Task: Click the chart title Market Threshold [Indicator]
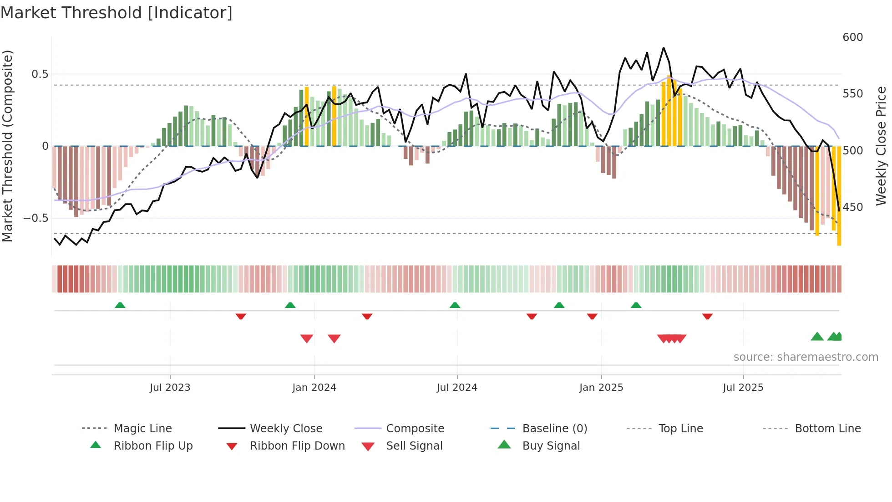point(117,13)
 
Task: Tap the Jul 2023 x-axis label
point(170,388)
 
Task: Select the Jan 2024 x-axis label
point(314,388)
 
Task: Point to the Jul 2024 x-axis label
point(457,388)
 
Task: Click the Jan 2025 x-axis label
point(601,388)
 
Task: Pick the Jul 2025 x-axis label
point(743,388)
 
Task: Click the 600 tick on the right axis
point(852,37)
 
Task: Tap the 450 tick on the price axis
point(852,207)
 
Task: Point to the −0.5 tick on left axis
point(35,218)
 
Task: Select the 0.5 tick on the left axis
point(40,74)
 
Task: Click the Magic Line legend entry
point(142,429)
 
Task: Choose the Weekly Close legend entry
point(286,429)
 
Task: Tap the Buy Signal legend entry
point(551,446)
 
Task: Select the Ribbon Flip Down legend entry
point(297,446)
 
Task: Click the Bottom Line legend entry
point(827,429)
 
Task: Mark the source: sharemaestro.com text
point(806,357)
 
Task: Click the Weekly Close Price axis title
point(881,146)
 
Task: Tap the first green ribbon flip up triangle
point(120,305)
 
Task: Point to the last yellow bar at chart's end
point(839,196)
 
